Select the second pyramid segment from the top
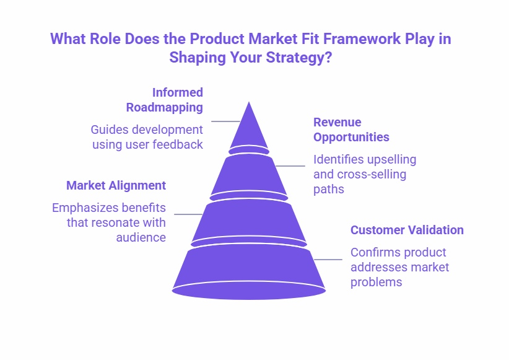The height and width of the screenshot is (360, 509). (249, 175)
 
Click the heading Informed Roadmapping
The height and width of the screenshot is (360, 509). (165, 100)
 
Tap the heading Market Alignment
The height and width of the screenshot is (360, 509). (116, 185)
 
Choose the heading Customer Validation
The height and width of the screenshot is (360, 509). (407, 230)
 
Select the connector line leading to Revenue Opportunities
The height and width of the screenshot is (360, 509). (290, 166)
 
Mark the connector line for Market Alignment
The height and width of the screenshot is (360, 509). (189, 214)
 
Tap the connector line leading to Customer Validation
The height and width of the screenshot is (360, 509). (328, 260)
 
